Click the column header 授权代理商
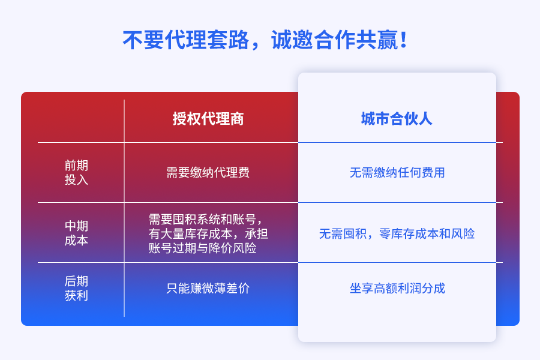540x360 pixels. click(208, 119)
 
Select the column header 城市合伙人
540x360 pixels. click(397, 119)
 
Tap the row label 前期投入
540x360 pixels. click(76, 173)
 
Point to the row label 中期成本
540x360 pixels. click(76, 233)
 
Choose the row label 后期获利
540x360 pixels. click(76, 289)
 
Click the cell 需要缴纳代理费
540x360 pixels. click(208, 173)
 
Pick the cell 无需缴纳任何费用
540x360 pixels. click(397, 173)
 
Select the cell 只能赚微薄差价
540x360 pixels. click(208, 289)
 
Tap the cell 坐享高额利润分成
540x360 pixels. click(397, 289)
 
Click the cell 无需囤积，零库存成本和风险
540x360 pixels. click(397, 234)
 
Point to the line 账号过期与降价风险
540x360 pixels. click(203, 248)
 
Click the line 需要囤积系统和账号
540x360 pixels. click(206, 220)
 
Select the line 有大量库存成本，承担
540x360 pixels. click(208, 234)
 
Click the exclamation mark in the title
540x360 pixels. click(404, 40)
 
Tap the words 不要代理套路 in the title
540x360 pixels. click(186, 40)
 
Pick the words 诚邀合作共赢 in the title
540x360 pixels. click(335, 40)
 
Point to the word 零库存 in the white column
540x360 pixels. click(397, 234)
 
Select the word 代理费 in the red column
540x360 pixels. click(232, 173)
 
